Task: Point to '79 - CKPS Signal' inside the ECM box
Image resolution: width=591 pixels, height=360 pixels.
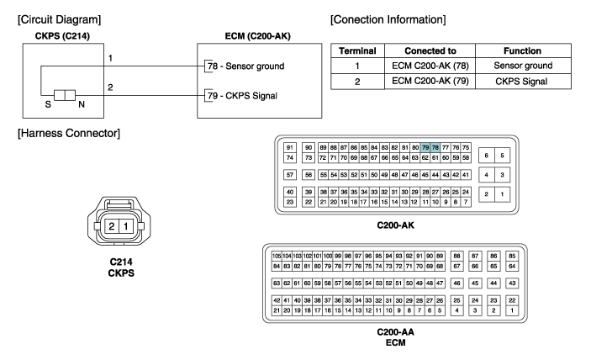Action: coord(245,95)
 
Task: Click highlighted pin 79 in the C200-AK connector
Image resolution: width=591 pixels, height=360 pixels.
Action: coord(426,147)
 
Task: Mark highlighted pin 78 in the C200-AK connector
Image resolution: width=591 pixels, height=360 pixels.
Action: coord(435,147)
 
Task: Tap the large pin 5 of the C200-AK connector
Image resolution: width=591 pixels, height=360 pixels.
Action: coord(502,155)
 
